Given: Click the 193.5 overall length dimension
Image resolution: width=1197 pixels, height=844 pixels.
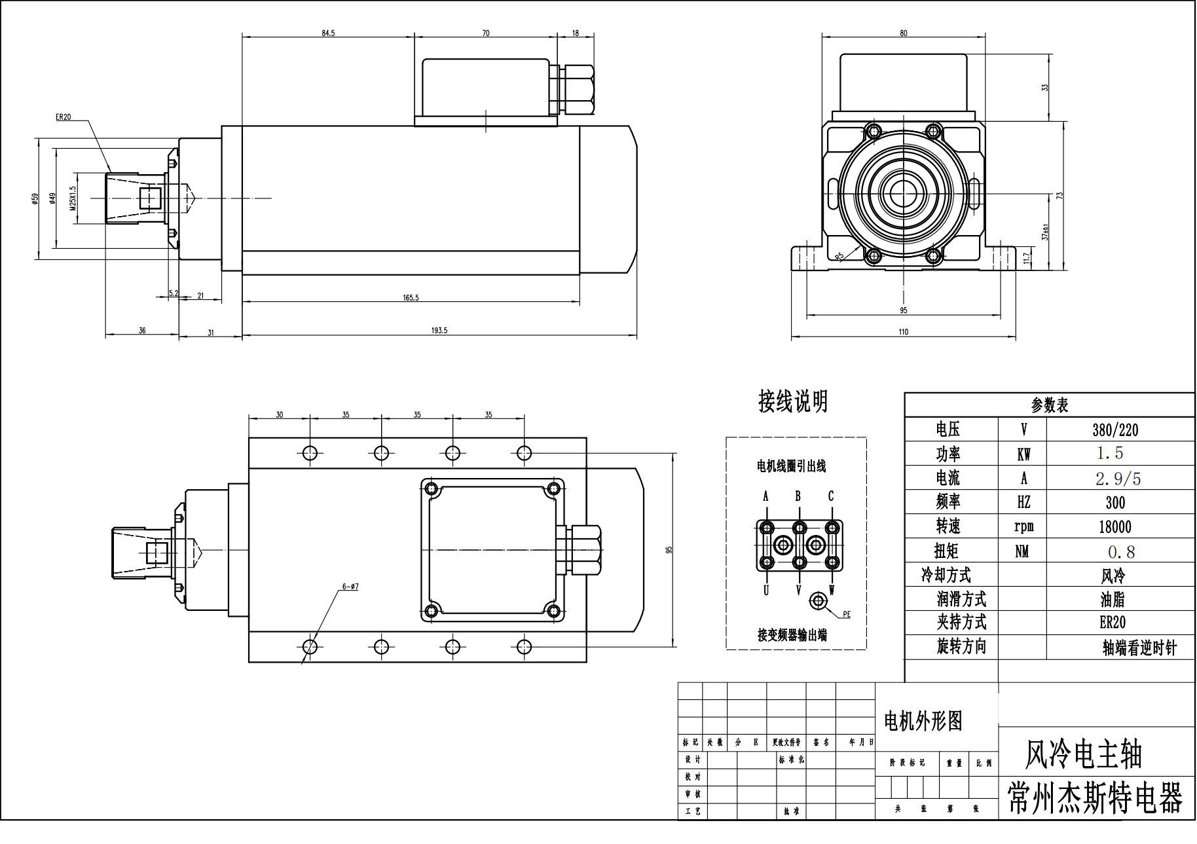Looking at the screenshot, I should [439, 331].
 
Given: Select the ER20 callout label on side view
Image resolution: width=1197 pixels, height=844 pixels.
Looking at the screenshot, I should [63, 117].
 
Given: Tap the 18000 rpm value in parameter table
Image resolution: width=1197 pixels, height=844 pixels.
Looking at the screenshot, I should [1114, 527].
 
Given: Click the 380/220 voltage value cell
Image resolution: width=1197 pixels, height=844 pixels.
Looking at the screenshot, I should [1115, 430].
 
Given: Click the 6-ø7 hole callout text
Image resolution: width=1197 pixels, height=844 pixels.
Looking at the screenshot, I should [350, 587].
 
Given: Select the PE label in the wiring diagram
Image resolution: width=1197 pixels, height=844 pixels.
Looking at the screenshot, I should [846, 615].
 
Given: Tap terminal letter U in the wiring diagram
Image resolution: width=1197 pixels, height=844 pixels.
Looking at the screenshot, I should [765, 591].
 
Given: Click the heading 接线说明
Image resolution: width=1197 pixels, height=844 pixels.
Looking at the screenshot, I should [793, 401].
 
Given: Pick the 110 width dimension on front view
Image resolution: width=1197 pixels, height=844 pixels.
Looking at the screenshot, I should [903, 332].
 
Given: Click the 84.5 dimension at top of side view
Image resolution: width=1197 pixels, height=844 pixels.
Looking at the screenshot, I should [328, 33].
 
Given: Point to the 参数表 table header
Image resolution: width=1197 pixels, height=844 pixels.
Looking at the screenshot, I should [1049, 405].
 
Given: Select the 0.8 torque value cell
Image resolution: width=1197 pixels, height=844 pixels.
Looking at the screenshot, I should [1121, 552].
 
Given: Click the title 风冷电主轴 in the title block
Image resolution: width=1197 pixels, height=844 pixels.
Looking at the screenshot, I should [1083, 755].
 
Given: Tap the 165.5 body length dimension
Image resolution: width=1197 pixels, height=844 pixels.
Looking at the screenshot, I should [411, 298].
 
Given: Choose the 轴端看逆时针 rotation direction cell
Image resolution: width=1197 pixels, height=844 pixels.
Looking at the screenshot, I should [1139, 648].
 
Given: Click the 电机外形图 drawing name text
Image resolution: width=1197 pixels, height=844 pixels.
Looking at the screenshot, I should [923, 722].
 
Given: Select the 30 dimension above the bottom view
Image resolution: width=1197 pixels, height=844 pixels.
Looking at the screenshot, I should [280, 415].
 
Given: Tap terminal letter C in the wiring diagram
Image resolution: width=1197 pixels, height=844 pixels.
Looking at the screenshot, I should [831, 496].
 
